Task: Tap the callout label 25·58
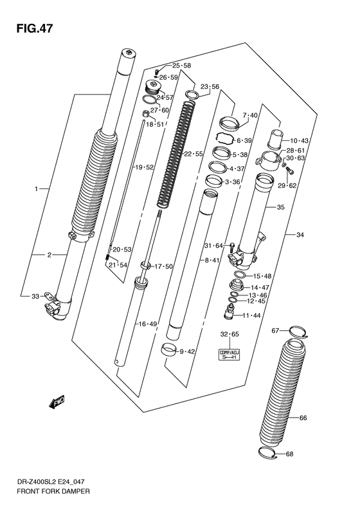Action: click(181, 66)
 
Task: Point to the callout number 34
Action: click(300, 234)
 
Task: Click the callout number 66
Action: click(303, 418)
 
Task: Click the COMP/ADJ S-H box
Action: click(230, 355)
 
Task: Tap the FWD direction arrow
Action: click(57, 403)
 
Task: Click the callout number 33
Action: click(35, 297)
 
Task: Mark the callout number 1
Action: click(37, 189)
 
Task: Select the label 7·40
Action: click(249, 115)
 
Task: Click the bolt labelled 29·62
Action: click(289, 171)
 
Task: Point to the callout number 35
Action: click(280, 207)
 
